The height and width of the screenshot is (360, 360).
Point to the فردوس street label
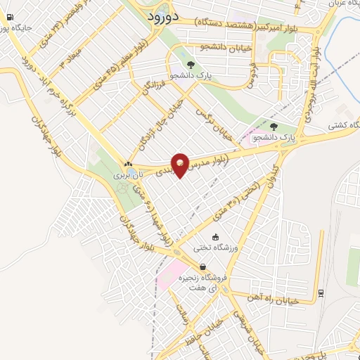pos(250,77)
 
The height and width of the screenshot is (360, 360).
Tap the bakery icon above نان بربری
pos(128,163)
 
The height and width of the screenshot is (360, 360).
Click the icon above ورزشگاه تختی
pos(215,237)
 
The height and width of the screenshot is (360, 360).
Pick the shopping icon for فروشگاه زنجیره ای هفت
pos(203,267)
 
